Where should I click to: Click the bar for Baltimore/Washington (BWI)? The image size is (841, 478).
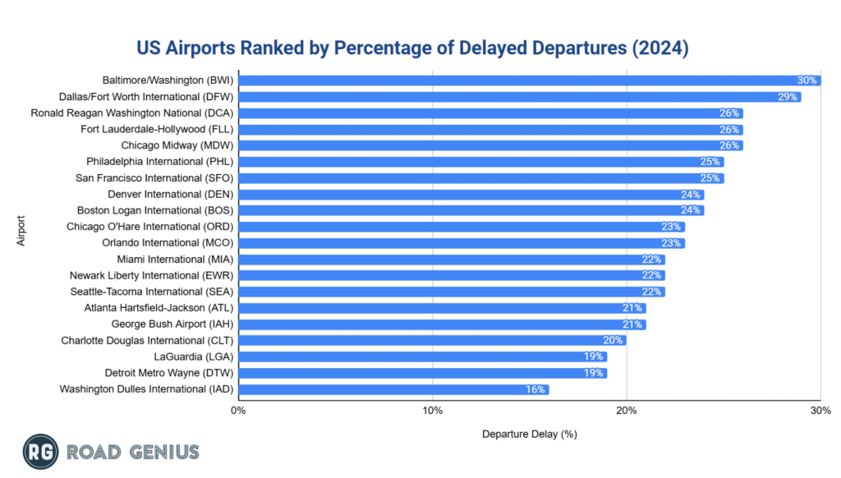(x=526, y=80)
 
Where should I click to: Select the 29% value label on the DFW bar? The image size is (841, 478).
(x=787, y=97)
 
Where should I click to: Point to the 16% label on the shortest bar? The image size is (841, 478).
(x=535, y=388)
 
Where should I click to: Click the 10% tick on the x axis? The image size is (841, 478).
(x=432, y=411)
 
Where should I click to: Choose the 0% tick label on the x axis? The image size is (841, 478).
(x=238, y=411)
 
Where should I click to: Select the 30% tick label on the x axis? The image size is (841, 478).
(x=820, y=411)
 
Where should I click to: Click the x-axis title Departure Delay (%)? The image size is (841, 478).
(x=529, y=433)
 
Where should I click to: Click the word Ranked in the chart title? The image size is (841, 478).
(x=298, y=48)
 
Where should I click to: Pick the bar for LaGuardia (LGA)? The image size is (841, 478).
(x=419, y=356)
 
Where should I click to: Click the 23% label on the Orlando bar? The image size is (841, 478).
(x=671, y=243)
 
